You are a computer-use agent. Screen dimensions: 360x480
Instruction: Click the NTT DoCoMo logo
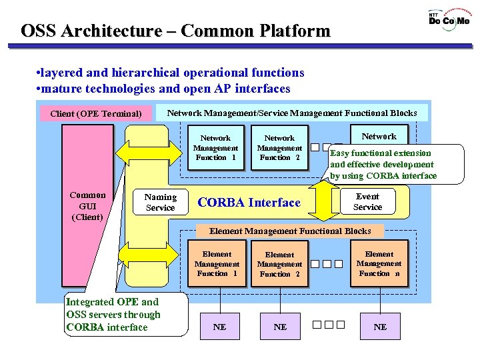click(x=449, y=19)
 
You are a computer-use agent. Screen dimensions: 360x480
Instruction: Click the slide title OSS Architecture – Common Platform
click(x=175, y=31)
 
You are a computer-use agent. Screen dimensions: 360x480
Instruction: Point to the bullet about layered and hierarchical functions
click(x=170, y=73)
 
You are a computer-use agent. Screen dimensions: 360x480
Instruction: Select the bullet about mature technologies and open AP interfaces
click(x=163, y=88)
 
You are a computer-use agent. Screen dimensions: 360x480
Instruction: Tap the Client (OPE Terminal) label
click(x=96, y=113)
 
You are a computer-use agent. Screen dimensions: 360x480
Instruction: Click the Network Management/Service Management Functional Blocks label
click(x=292, y=113)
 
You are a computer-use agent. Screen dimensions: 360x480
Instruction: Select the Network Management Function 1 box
click(x=215, y=148)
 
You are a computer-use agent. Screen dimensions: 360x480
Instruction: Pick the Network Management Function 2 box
click(x=279, y=148)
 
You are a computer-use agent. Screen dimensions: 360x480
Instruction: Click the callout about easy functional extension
click(x=383, y=164)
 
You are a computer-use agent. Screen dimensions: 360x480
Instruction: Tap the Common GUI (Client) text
click(x=87, y=206)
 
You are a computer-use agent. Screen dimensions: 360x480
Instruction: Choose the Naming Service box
click(x=160, y=202)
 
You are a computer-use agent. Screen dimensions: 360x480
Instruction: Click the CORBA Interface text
click(x=249, y=203)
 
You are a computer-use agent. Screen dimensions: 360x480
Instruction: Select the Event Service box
click(x=367, y=202)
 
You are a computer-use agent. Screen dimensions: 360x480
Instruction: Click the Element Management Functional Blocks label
click(x=290, y=231)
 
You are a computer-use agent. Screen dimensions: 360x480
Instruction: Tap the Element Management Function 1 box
click(x=217, y=264)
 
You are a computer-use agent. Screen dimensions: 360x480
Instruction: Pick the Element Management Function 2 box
click(x=279, y=264)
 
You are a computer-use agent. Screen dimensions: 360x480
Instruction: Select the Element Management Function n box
click(x=379, y=264)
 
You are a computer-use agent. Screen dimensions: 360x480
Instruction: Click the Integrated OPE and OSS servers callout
click(x=113, y=315)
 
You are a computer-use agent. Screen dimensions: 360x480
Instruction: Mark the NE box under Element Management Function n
click(x=380, y=327)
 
